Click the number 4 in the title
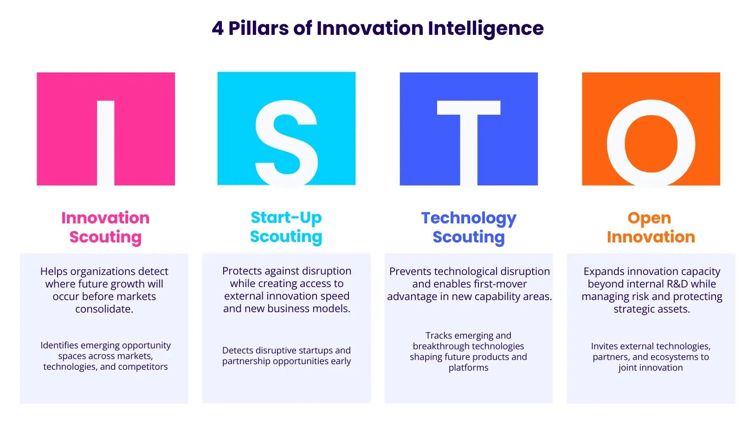pos(217,28)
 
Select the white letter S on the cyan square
pos(286,143)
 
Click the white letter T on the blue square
pos(469,139)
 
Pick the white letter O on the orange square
pos(651,143)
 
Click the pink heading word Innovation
pos(105,218)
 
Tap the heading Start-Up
pos(286,217)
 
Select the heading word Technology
pos(469,218)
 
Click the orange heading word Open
pos(649,218)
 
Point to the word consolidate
pos(104,309)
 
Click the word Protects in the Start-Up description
pos(242,271)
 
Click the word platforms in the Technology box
pos(468,367)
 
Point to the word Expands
pos(602,271)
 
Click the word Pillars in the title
pos(258,28)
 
